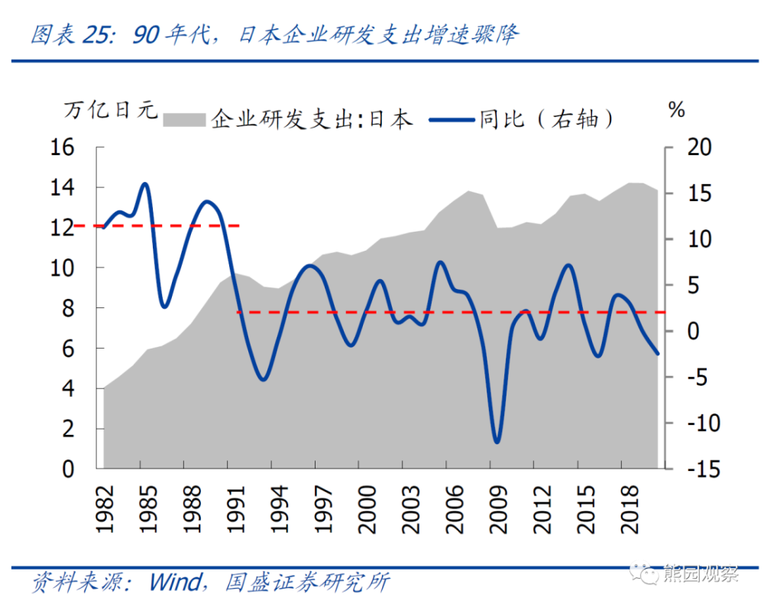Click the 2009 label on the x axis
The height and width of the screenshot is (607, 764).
click(x=498, y=507)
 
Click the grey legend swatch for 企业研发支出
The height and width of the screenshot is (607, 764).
click(x=186, y=119)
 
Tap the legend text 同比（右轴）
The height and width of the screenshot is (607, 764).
click(x=547, y=119)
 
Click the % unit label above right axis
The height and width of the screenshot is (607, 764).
click(x=677, y=109)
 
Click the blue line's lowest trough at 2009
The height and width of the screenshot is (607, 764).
click(x=497, y=442)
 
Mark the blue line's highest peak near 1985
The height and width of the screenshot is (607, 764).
click(x=144, y=183)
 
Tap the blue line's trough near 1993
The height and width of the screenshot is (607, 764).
click(x=263, y=379)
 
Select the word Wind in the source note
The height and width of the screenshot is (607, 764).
click(x=175, y=583)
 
